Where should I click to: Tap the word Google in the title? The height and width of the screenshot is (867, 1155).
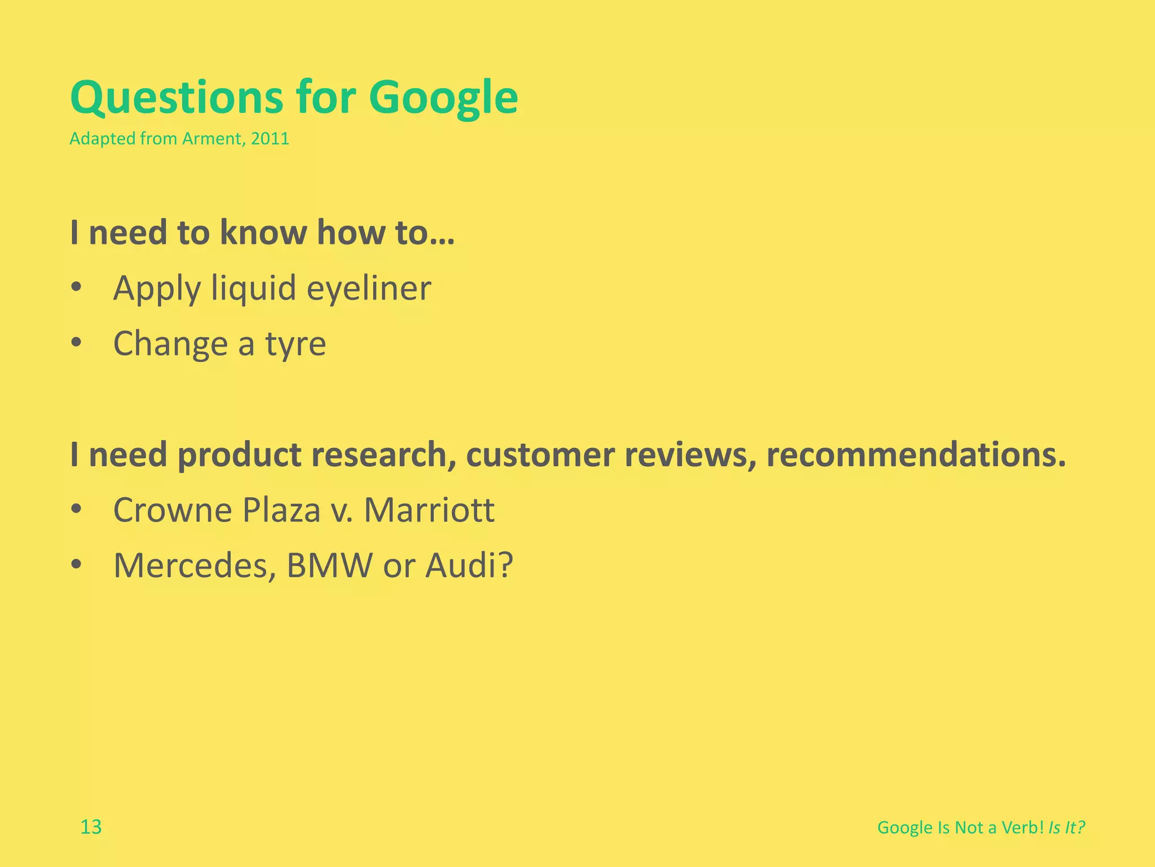pyautogui.click(x=443, y=98)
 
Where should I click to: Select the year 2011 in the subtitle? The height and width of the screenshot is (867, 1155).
pyautogui.click(x=270, y=139)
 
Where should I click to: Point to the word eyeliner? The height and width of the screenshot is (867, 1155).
pyautogui.click(x=369, y=289)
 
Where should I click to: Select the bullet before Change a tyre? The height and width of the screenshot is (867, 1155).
pyautogui.click(x=77, y=343)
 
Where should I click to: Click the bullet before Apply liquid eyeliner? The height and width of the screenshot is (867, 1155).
pyautogui.click(x=77, y=287)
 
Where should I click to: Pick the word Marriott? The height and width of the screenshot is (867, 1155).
pyautogui.click(x=429, y=510)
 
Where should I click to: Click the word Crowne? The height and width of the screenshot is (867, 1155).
pyautogui.click(x=173, y=510)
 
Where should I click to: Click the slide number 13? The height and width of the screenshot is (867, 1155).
pyautogui.click(x=91, y=827)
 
